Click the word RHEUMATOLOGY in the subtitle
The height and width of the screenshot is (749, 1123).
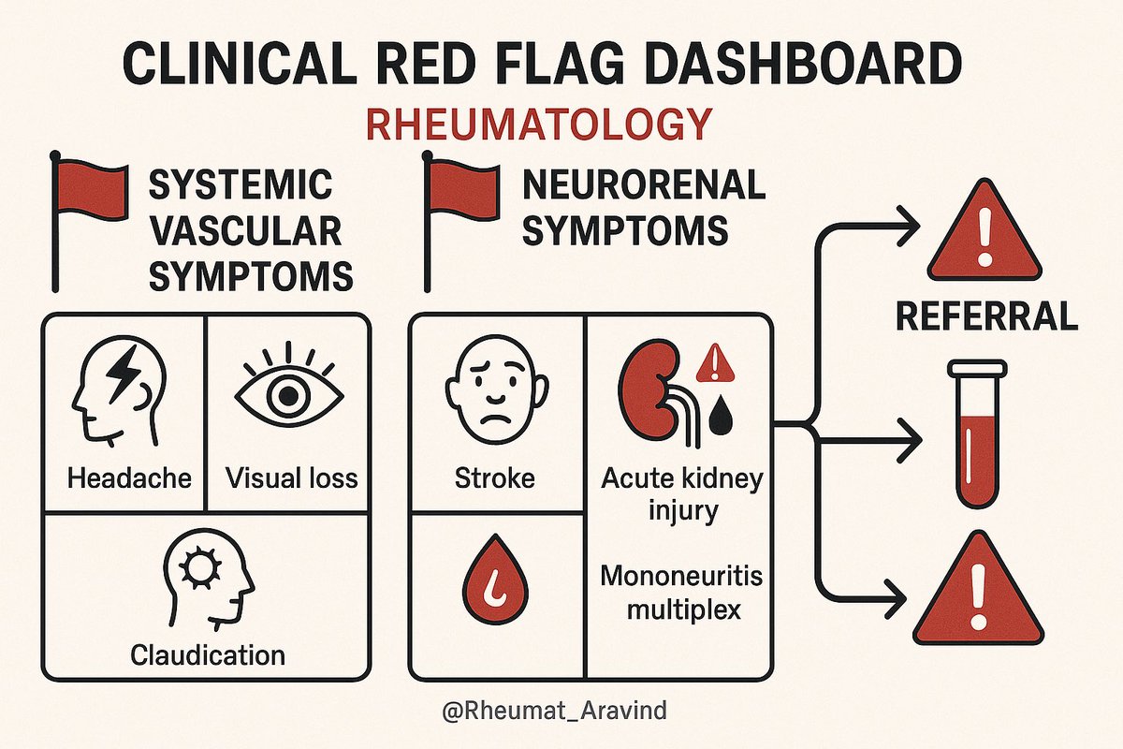coord(538,125)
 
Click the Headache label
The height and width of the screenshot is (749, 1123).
coord(129,478)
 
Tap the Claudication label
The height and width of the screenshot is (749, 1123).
coord(208,654)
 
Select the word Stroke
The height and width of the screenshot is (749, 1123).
coord(494,478)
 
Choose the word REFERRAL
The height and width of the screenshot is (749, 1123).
coord(987,316)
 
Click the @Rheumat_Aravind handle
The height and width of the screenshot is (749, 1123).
coord(555,711)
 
